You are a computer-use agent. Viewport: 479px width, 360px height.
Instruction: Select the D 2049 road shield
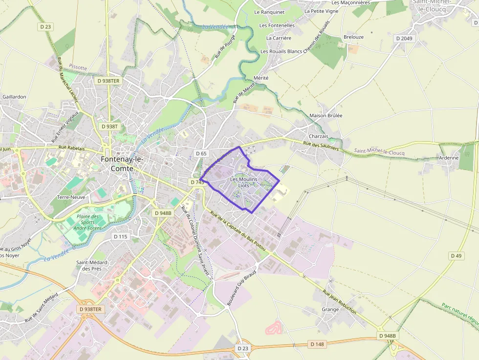pyautogui.click(x=405, y=38)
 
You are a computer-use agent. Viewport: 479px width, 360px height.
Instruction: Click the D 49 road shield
pyautogui.click(x=456, y=255)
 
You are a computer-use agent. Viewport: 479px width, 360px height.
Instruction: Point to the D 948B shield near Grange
pyautogui.click(x=388, y=336)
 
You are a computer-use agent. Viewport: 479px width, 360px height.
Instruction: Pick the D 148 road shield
pyautogui.click(x=317, y=344)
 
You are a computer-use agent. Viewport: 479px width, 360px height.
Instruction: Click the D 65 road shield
pyautogui.click(x=201, y=153)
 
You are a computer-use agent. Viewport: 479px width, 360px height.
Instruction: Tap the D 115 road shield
pyautogui.click(x=120, y=236)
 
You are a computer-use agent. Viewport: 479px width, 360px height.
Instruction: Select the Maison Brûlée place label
pyautogui.click(x=326, y=116)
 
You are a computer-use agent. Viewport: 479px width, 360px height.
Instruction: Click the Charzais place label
pyautogui.click(x=319, y=136)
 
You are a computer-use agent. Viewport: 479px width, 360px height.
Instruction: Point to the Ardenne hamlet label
pyautogui.click(x=449, y=158)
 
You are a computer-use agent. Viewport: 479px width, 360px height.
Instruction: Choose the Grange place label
pyautogui.click(x=330, y=309)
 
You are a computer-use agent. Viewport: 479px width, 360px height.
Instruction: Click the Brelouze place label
pyautogui.click(x=353, y=37)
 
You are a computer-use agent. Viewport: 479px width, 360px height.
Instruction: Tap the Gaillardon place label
pyautogui.click(x=14, y=97)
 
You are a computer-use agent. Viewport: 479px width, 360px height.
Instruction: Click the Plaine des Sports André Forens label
pyautogui.click(x=87, y=222)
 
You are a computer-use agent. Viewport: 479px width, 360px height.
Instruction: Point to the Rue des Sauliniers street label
pyautogui.click(x=321, y=146)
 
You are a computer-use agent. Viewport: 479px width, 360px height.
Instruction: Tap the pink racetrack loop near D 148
pyautogui.click(x=273, y=327)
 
